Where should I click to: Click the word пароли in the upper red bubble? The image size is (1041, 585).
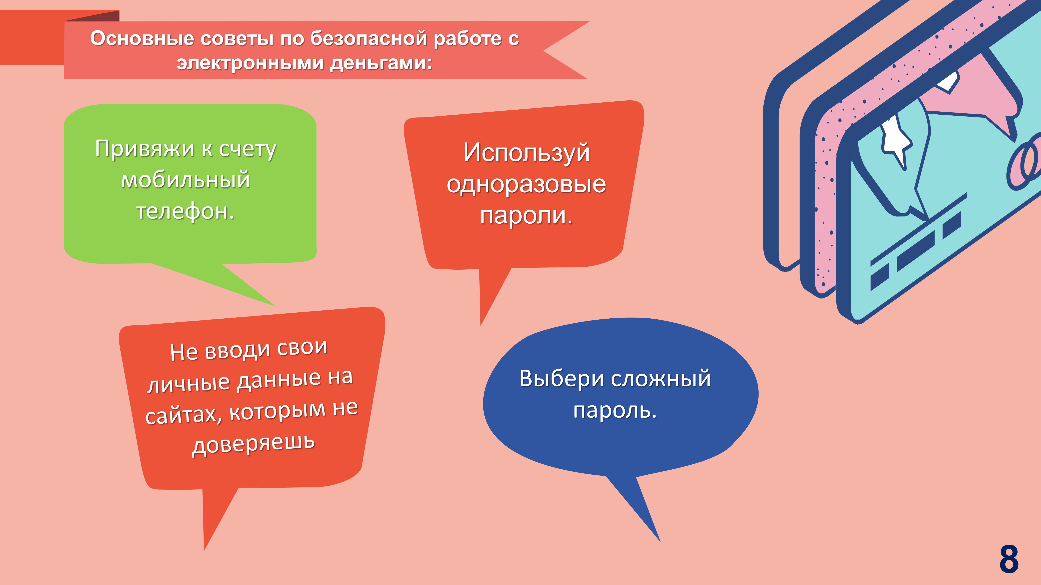[x=523, y=215]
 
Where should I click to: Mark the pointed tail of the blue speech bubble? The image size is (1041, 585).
[x=660, y=541]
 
